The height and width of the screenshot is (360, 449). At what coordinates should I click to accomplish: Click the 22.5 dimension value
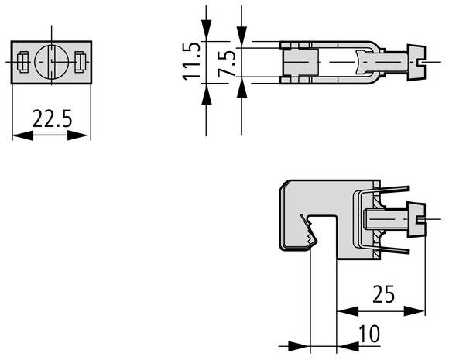(52, 118)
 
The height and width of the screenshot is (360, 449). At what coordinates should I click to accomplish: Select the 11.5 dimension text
(191, 61)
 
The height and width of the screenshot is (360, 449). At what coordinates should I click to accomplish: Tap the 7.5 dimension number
(226, 63)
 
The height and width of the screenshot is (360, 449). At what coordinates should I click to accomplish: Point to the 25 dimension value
(383, 294)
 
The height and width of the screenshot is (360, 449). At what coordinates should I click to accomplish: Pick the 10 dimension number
(369, 334)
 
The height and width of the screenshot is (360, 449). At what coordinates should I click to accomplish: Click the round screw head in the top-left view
(52, 61)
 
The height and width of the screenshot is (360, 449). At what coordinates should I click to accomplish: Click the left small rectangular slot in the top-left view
(23, 62)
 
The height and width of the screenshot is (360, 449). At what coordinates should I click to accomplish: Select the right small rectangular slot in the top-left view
(80, 62)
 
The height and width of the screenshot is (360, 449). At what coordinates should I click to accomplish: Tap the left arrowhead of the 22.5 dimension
(23, 135)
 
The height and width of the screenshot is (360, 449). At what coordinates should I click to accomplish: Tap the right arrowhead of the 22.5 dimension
(77, 135)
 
